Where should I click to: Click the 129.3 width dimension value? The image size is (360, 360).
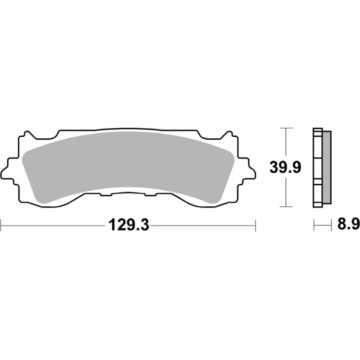click(128, 224)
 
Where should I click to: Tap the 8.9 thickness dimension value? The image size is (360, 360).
click(347, 224)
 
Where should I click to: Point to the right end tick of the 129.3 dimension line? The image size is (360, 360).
click(255, 224)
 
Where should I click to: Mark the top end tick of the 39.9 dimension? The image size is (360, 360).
click(286, 129)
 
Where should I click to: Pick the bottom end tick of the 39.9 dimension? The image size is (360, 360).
click(286, 207)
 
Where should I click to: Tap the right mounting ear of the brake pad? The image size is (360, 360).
click(248, 169)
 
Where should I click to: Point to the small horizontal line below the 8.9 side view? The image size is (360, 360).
click(323, 224)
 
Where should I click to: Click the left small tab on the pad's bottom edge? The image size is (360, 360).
click(106, 195)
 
